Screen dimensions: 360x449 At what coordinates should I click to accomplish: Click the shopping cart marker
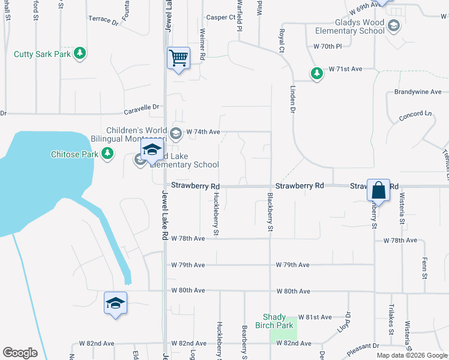[178, 59]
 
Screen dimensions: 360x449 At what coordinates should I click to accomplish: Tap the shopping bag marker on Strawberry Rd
[379, 191]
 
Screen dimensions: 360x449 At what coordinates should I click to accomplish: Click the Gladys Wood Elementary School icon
[393, 25]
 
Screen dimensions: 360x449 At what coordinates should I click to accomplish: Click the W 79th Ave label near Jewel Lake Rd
[188, 265]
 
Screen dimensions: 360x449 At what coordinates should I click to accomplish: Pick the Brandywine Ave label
[418, 92]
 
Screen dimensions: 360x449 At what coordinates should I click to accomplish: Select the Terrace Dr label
[103, 20]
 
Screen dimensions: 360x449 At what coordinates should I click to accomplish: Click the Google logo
[20, 353]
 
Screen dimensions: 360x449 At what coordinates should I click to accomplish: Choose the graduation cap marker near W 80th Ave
[115, 303]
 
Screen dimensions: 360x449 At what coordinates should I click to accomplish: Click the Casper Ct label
[220, 17]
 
